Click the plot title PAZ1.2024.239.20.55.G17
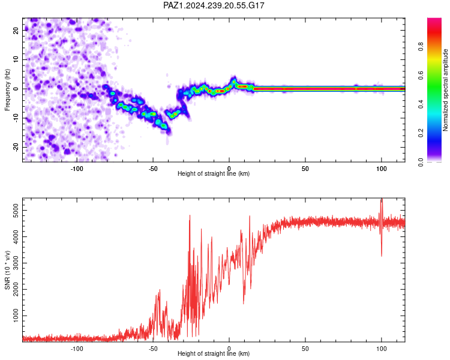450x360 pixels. (x=214, y=5)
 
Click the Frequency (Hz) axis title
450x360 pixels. (x=7, y=90)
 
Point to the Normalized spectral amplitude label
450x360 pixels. (x=445, y=90)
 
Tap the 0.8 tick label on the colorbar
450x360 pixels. (x=421, y=46)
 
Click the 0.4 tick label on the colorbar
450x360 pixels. (x=421, y=104)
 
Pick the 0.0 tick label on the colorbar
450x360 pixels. (x=421, y=162)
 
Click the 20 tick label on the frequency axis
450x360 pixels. (x=16, y=30)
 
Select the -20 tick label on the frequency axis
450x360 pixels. (x=16, y=147)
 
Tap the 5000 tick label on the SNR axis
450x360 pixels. (x=16, y=211)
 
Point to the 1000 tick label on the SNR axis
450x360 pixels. (x=16, y=316)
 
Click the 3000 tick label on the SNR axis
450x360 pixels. (x=16, y=263)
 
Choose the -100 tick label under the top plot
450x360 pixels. (x=77, y=169)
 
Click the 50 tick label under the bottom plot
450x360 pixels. (x=305, y=349)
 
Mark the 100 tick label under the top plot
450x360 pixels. (x=382, y=169)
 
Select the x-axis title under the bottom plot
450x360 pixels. (x=214, y=353)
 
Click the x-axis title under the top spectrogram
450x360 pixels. (x=214, y=173)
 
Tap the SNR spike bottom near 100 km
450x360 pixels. (x=382, y=256)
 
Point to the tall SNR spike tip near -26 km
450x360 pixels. (x=190, y=215)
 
